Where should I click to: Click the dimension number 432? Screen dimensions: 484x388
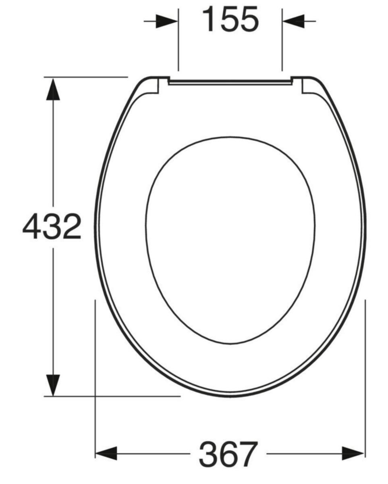pyautogui.click(x=52, y=227)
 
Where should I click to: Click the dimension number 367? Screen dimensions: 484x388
pyautogui.click(x=228, y=454)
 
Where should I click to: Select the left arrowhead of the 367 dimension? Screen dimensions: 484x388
pyautogui.click(x=106, y=454)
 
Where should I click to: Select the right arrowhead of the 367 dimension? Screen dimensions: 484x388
pyautogui.click(x=353, y=454)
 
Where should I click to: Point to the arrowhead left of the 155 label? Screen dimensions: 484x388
pyautogui.click(x=167, y=21)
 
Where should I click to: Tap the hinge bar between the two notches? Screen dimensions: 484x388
pyautogui.click(x=230, y=82)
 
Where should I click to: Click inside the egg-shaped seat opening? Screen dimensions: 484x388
pyautogui.click(x=230, y=242)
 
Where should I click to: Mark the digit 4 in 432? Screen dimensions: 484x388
pyautogui.click(x=33, y=227)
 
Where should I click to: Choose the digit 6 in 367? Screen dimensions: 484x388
pyautogui.click(x=228, y=454)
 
